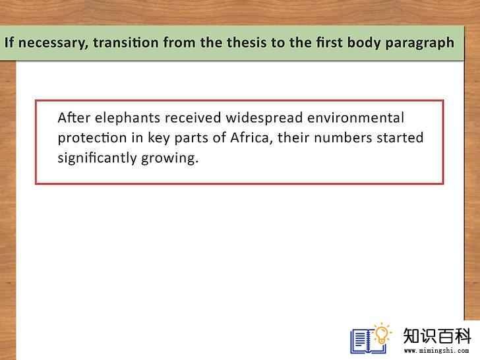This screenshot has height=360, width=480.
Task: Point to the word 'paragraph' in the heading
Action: pyautogui.click(x=419, y=43)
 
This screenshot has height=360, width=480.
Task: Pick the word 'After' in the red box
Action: pyautogui.click(x=74, y=117)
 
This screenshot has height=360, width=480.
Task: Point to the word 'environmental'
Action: pyautogui.click(x=356, y=117)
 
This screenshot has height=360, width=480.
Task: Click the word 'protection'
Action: pyautogui.click(x=92, y=138)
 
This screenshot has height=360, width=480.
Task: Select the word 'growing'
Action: pyautogui.click(x=169, y=159)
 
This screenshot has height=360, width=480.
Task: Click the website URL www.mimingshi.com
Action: pyautogui.click(x=436, y=351)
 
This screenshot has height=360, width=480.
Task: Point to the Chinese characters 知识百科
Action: pyautogui.click(x=437, y=336)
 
